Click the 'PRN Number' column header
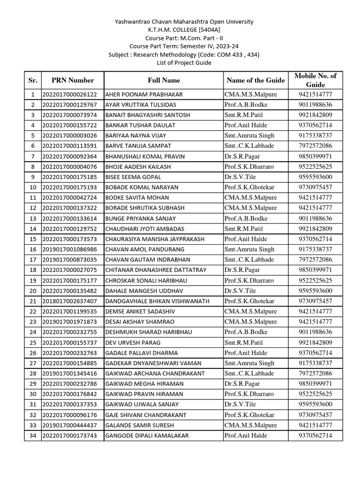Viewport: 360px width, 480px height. click(73, 80)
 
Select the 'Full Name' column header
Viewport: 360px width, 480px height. click(164, 80)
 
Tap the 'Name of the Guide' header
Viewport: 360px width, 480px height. click(255, 80)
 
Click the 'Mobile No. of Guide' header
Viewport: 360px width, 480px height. click(315, 80)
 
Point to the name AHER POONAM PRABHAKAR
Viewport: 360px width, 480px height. click(144, 94)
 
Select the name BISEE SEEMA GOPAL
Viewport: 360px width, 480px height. click(133, 177)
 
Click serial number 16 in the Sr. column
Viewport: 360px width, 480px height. click(33, 249)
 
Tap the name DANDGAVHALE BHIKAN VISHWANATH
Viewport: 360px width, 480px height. click(157, 301)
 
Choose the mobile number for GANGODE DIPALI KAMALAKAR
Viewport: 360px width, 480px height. click(315, 435)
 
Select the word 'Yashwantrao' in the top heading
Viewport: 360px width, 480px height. click(132, 22)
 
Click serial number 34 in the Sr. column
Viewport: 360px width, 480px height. click(33, 435)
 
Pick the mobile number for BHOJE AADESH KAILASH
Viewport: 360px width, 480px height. click(315, 166)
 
